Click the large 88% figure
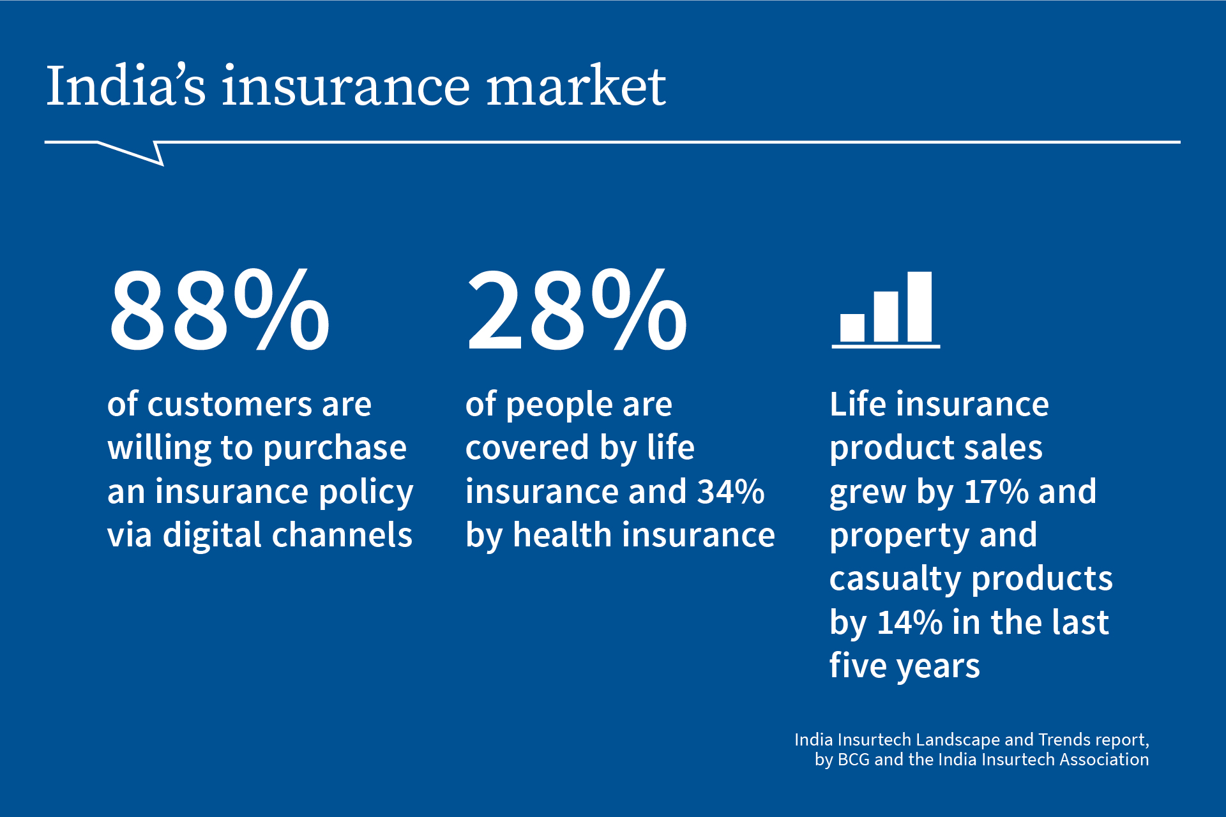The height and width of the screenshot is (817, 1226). coord(219,311)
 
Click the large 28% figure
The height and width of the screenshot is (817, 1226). coord(577,311)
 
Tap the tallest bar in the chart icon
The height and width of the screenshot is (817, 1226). coord(919,307)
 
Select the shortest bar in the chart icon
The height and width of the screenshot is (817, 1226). coord(852,327)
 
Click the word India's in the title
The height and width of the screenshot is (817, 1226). coord(126,86)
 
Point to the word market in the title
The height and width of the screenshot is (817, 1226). coord(576,86)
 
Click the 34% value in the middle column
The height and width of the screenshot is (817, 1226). coord(730,492)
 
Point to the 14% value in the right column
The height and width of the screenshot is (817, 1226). coord(909,622)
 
